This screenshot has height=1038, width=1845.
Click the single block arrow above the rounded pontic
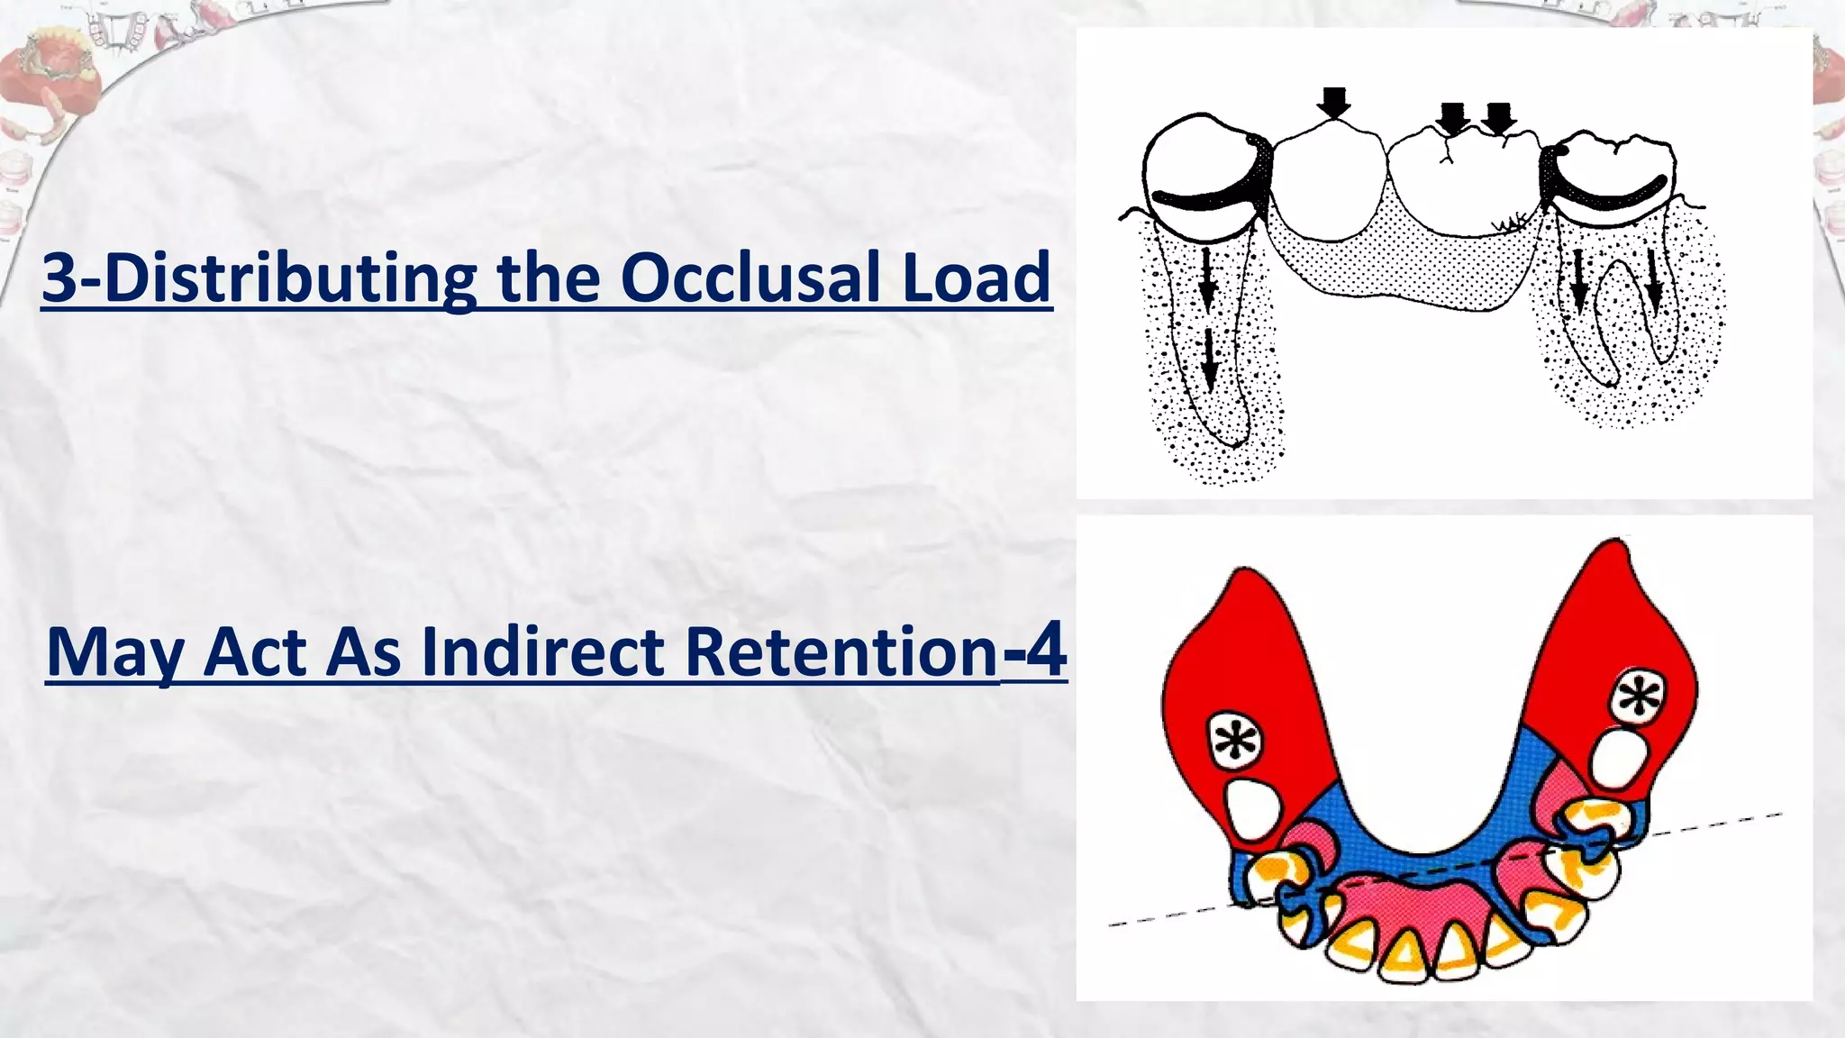1333,103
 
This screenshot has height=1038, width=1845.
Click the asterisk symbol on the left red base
1235,742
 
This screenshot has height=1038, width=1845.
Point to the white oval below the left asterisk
1254,810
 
